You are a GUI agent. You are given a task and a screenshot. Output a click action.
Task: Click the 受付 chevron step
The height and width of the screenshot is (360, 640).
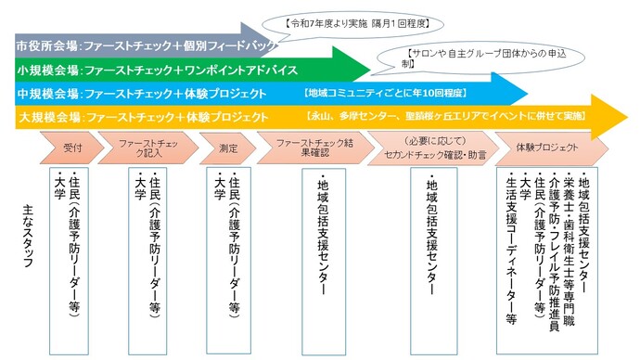click(72, 148)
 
